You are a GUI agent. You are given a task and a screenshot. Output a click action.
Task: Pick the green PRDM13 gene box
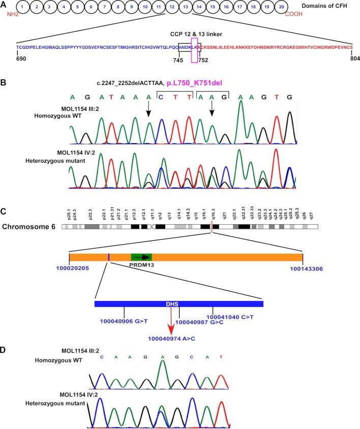(141, 258)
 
